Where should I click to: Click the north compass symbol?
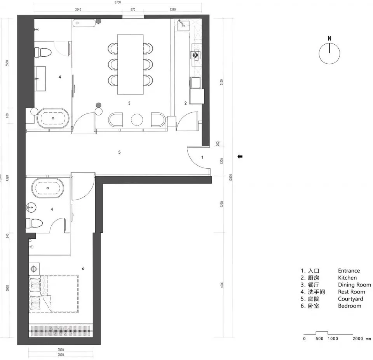[329, 53]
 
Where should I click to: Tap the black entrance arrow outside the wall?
[240, 157]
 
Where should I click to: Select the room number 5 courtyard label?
[119, 152]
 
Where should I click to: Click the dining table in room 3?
[130, 64]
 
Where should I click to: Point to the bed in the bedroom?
[54, 294]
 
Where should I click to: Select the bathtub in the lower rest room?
[48, 187]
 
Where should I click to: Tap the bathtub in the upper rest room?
[53, 117]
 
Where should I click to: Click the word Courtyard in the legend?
[350, 299]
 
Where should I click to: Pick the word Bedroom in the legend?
[349, 306]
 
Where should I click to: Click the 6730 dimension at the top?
[118, 2]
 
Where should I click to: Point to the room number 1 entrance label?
[202, 157]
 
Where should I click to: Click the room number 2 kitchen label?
[185, 103]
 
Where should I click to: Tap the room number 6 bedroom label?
[83, 268]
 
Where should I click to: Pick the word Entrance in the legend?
[349, 271]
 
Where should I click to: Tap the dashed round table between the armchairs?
[137, 119]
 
